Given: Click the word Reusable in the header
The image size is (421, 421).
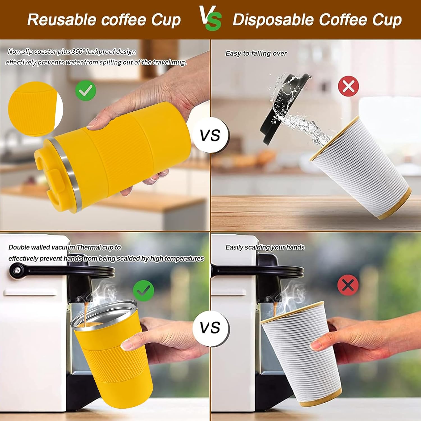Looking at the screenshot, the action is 62,19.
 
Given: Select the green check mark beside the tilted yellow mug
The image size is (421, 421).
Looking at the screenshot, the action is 86,90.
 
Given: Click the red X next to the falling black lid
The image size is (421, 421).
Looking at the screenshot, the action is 348,86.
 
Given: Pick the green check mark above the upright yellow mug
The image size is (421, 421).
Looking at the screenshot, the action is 143,291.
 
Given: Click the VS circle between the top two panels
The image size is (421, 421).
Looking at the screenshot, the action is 210,136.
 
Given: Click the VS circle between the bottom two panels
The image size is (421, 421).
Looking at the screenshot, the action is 210,328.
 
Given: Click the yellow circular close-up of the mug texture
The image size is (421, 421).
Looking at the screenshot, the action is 35,109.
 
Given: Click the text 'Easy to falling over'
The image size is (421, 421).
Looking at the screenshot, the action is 256,53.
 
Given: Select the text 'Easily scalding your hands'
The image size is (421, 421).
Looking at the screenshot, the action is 265,247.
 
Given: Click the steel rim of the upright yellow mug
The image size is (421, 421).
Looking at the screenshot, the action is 104,314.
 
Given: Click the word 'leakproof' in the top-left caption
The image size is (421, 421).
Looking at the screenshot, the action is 100,52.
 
